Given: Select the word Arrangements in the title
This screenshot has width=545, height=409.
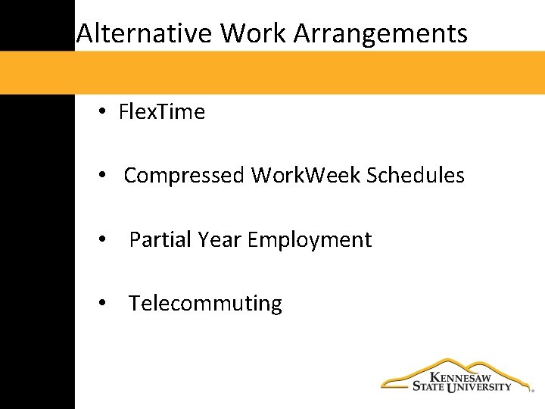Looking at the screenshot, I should click(x=380, y=34).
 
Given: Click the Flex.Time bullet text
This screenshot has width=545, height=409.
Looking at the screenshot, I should click(x=162, y=113).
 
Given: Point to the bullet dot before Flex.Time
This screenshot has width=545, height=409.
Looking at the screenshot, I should click(x=101, y=113).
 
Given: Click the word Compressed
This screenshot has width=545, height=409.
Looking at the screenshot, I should click(x=184, y=176).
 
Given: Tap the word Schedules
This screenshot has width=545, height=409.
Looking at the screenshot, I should click(x=416, y=176).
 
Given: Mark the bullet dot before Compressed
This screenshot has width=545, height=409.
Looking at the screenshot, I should click(x=101, y=176).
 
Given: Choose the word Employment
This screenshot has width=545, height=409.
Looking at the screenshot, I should click(x=310, y=240).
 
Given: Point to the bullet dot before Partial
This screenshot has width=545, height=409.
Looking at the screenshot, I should click(x=101, y=241).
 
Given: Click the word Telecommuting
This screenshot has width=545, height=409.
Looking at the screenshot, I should click(x=205, y=304).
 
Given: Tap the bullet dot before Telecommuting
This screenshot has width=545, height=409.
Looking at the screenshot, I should click(x=101, y=304).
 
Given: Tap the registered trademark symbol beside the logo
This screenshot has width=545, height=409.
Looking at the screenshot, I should click(x=532, y=392).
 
